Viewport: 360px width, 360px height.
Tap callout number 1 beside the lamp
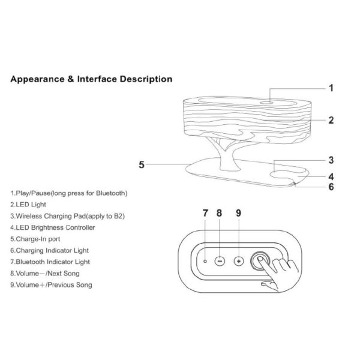330,88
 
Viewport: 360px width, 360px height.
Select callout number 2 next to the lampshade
331,120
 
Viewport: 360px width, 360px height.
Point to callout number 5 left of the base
142,164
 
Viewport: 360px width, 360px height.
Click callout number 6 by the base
331,187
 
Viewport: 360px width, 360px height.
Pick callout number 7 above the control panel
205,213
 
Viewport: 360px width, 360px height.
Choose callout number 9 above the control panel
238,213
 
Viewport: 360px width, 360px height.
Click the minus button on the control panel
220,262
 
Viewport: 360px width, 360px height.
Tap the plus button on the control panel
238,262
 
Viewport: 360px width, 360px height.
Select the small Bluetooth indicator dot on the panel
205,262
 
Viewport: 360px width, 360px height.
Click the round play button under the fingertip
261,261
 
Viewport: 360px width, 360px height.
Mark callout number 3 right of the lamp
331,160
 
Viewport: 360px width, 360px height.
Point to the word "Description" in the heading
143,79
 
